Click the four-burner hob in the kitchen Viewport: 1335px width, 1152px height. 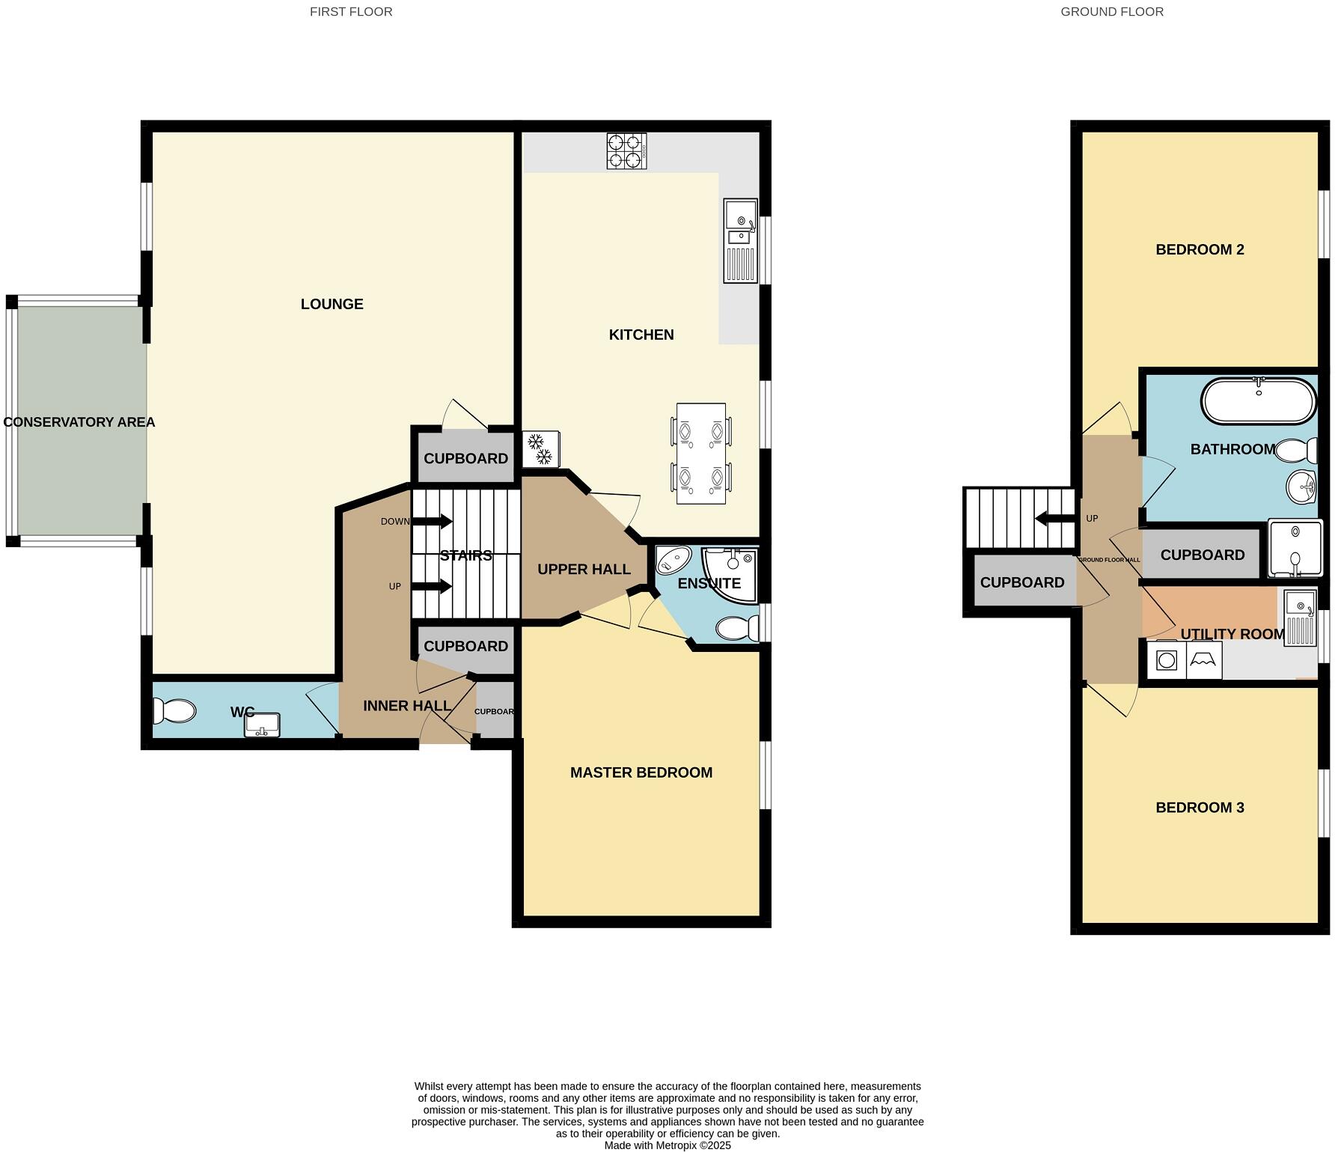point(626,150)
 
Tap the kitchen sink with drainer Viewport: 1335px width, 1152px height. point(740,240)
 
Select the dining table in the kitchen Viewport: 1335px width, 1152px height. point(701,454)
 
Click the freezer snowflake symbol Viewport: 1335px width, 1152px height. point(540,449)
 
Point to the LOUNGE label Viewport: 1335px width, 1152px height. point(332,304)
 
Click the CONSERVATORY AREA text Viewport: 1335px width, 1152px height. point(79,422)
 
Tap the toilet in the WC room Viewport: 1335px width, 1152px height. point(173,711)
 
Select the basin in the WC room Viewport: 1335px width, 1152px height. point(261,725)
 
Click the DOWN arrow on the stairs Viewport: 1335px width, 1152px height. point(433,522)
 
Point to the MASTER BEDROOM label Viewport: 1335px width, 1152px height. point(641,772)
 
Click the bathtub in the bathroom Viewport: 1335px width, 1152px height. point(1259,402)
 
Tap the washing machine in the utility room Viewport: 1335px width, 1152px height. point(1167,660)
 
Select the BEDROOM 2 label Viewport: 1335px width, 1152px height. point(1200,250)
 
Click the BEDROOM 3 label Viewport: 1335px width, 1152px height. point(1200,808)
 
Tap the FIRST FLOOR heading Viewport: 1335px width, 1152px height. point(351,11)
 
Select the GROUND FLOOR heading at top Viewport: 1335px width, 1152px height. point(1111,11)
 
